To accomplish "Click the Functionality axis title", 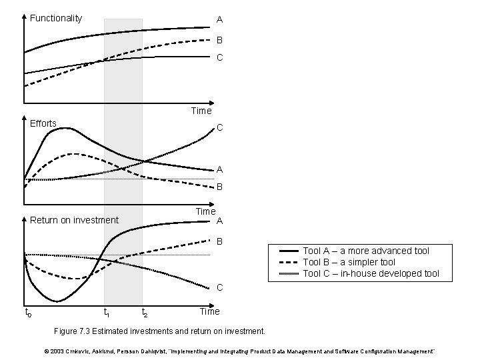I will click(x=56, y=18).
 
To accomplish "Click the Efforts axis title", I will click(x=43, y=123).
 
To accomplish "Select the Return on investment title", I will click(x=75, y=220).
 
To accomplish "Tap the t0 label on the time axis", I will click(x=27, y=312).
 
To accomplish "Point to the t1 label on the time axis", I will click(x=106, y=312).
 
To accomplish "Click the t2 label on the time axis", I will click(x=145, y=312).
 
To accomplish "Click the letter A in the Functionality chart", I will click(x=219, y=19).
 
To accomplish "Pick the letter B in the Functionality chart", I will click(x=219, y=40).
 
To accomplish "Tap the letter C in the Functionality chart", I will click(x=219, y=58).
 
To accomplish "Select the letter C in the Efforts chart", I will click(x=219, y=127).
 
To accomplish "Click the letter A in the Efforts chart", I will click(x=219, y=169).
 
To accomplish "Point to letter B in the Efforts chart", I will click(x=219, y=187).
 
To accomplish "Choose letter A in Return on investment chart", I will click(x=219, y=221).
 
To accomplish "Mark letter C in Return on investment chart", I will click(x=219, y=288).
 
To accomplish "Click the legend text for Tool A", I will click(x=366, y=251).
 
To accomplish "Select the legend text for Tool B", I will click(x=349, y=262).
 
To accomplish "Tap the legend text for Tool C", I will click(x=371, y=273).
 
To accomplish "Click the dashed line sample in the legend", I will click(x=289, y=262).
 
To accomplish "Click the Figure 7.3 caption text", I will click(x=160, y=331).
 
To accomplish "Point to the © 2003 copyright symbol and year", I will click(x=55, y=351).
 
